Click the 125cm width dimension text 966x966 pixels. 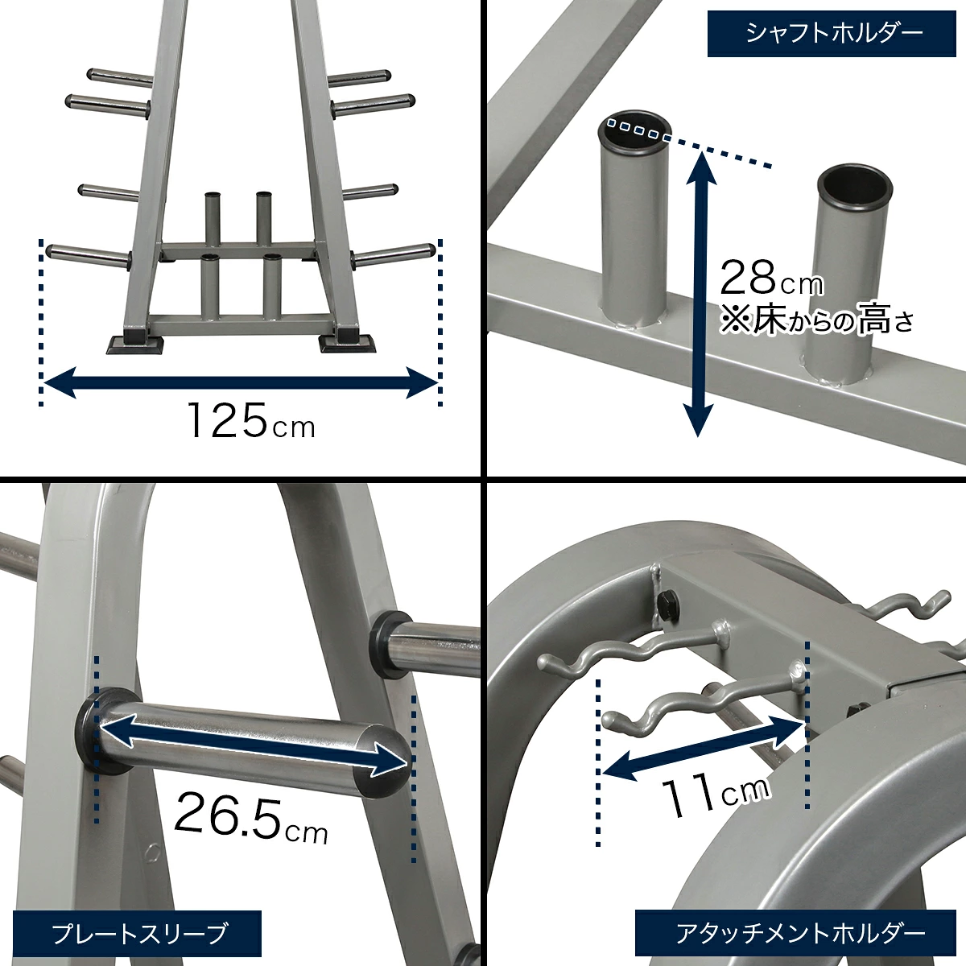point(251,420)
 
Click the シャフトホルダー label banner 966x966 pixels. point(832,34)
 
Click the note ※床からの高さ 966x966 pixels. point(816,321)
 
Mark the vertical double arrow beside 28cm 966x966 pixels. point(700,294)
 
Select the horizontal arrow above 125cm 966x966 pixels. point(240,382)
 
